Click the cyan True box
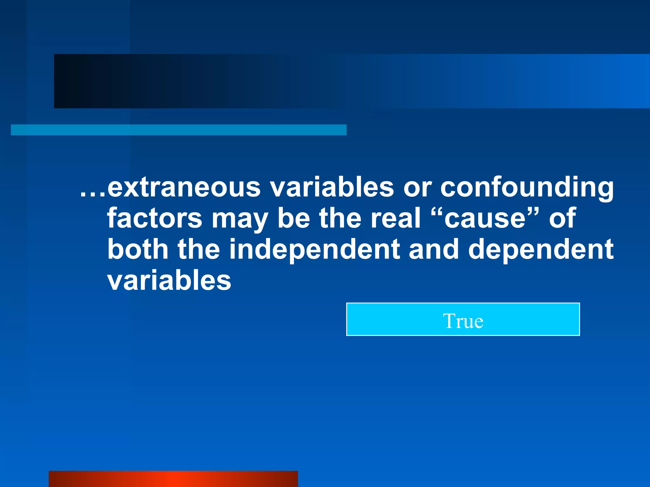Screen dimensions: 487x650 point(463,319)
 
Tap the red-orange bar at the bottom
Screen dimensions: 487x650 point(173,479)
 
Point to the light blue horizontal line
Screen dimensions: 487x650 point(178,130)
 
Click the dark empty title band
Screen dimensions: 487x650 point(349,81)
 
